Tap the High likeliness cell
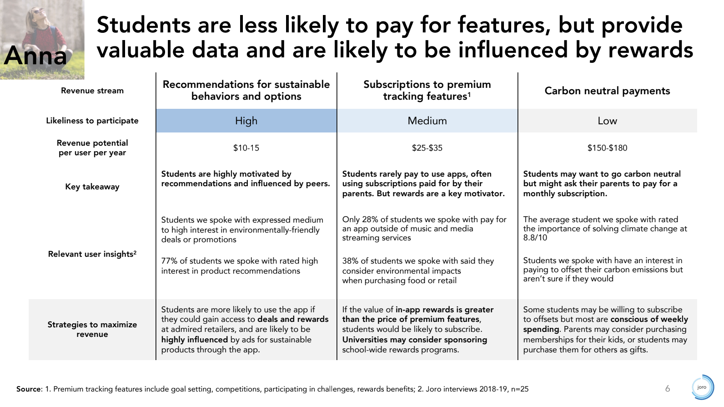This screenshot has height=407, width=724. coord(246,121)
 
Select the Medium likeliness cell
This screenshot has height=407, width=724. coord(427,121)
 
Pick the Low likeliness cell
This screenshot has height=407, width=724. coord(607,121)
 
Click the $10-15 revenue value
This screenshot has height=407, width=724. coord(246,148)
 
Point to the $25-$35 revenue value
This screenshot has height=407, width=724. coord(427,148)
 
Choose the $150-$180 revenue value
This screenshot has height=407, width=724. coord(607,148)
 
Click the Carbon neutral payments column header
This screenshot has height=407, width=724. coord(607,91)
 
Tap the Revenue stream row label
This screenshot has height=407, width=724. coord(92,91)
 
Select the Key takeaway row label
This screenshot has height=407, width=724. coord(92,187)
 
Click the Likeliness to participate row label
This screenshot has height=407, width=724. coord(92,121)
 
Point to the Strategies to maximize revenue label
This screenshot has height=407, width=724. coord(92,329)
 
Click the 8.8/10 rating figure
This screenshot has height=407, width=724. coord(535,238)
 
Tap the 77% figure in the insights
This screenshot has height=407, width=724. coord(169,261)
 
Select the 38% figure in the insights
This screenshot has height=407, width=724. coord(350,261)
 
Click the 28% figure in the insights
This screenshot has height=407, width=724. coord(370,219)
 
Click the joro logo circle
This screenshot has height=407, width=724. coord(702,387)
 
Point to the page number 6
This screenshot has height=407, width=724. coord(668,388)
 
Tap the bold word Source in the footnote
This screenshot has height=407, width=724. coord(29,389)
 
